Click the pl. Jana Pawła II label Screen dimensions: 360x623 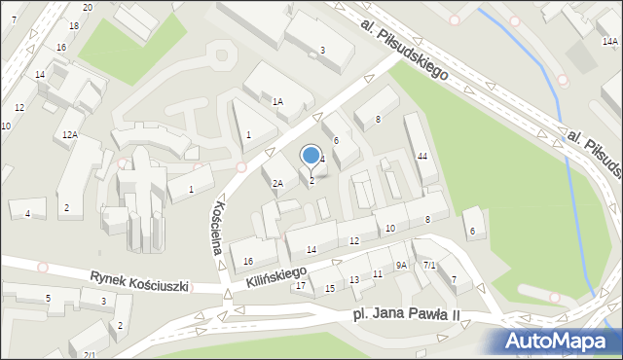pos(404,316)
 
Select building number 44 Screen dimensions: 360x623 pos(421,157)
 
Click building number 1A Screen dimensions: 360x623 pos(277,101)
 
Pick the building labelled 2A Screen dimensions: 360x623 pos(277,183)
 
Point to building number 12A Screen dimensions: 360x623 pos(69,134)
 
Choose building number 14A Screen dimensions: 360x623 pos(609,42)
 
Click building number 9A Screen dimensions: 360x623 pos(401,265)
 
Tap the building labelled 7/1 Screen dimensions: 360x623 pos(429,265)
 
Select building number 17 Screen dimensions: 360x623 pos(301,285)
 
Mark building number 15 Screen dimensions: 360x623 pos(330,288)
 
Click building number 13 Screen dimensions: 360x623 pos(354,280)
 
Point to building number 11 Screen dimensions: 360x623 pos(377,274)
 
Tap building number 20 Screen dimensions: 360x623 pos(88,7)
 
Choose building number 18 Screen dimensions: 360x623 pos(74,25)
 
